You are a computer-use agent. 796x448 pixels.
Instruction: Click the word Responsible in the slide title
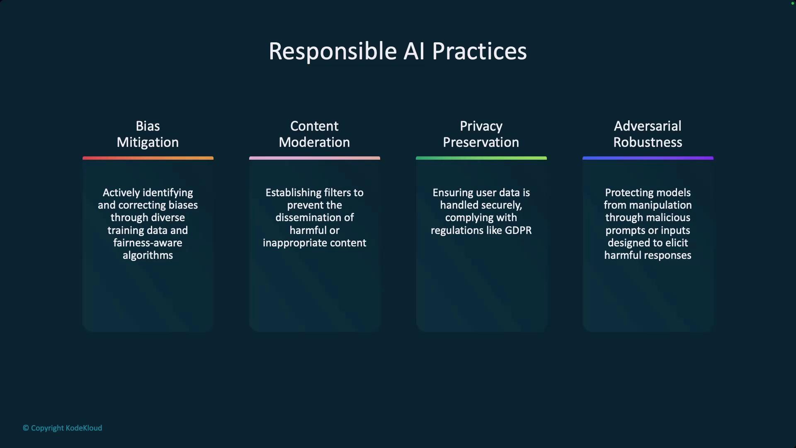pyautogui.click(x=333, y=52)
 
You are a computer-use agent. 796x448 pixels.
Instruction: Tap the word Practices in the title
pyautogui.click(x=479, y=51)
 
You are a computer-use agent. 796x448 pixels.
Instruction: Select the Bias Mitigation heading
pyautogui.click(x=148, y=134)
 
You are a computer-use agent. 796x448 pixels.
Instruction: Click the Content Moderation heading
pyautogui.click(x=314, y=134)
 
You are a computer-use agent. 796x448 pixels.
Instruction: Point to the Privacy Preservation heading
pyautogui.click(x=481, y=134)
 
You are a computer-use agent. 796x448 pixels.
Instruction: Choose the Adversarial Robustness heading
pyautogui.click(x=648, y=134)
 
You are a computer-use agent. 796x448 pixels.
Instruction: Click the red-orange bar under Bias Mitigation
pyautogui.click(x=148, y=158)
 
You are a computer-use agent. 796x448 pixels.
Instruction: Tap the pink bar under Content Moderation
pyautogui.click(x=315, y=158)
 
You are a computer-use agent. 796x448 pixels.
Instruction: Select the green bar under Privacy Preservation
pyautogui.click(x=481, y=158)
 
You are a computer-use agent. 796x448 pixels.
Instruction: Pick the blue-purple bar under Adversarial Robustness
pyautogui.click(x=648, y=158)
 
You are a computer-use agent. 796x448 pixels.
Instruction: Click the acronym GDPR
pyautogui.click(x=518, y=230)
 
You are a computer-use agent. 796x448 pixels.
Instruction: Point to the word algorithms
pyautogui.click(x=148, y=256)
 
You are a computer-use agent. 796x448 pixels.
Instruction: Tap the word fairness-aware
pyautogui.click(x=148, y=243)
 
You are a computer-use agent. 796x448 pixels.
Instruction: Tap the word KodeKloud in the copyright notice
pyautogui.click(x=84, y=428)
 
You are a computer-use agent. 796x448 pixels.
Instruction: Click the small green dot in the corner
pyautogui.click(x=793, y=3)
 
